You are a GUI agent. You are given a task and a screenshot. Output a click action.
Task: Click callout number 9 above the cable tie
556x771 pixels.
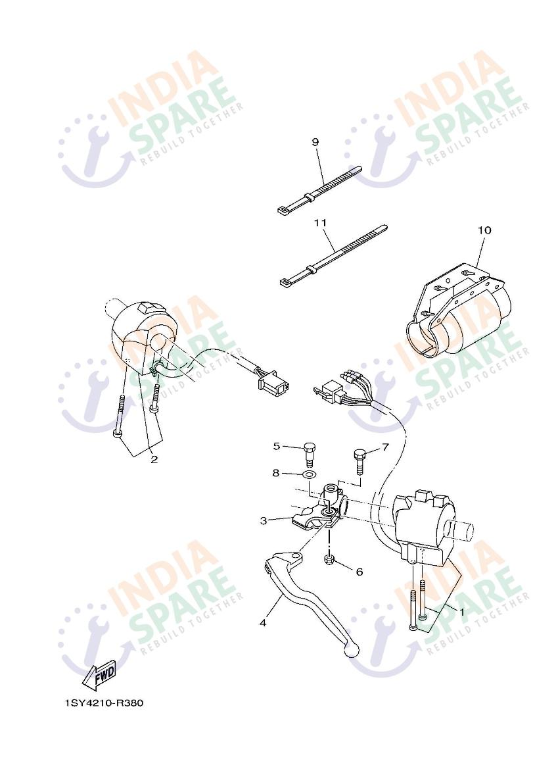coord(315,142)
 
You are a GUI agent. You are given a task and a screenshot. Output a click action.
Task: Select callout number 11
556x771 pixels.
coord(320,223)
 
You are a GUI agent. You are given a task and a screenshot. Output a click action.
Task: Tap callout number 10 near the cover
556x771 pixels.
coord(484,230)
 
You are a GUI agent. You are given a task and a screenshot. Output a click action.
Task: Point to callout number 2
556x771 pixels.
coord(154,459)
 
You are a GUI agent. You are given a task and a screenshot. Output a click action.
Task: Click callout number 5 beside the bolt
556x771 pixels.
coord(277,446)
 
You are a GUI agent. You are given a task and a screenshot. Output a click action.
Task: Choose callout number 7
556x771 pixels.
coord(385,447)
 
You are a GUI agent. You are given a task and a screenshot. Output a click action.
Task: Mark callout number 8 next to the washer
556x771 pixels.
coord(277,472)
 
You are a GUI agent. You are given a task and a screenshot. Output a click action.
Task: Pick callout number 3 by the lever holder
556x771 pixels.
coord(263,520)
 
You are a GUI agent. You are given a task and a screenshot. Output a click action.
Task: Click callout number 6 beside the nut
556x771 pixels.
coord(359,572)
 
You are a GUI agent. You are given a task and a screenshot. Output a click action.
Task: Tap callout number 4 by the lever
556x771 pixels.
coord(263,622)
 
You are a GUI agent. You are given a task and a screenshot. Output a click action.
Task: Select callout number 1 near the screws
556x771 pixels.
coord(461,611)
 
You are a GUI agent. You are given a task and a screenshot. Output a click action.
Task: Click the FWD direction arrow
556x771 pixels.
coord(99,675)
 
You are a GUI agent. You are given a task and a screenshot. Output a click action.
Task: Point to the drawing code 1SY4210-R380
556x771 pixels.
coord(104,703)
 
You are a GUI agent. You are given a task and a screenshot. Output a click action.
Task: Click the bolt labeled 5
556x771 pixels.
coord(311,454)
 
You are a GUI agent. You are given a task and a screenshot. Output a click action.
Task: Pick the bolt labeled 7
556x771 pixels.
coord(359,458)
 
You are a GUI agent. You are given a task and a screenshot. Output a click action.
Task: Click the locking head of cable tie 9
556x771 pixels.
coord(282,211)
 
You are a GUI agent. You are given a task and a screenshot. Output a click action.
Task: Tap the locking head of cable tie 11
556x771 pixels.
coord(285,283)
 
